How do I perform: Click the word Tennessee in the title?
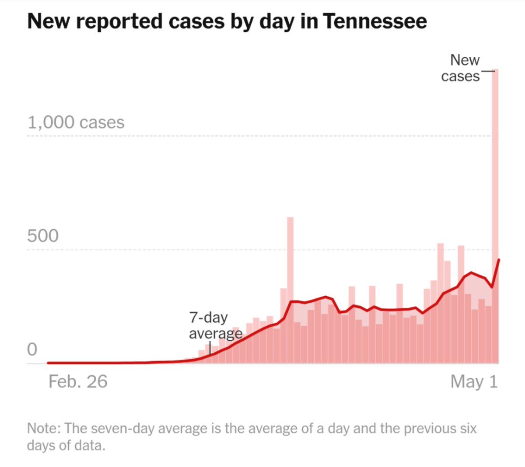coord(375,21)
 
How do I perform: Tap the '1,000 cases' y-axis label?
coord(76,122)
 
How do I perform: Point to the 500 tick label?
coord(42,236)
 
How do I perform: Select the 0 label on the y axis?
coord(32,349)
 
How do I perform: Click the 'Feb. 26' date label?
coord(78,382)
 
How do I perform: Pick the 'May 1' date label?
coord(474,382)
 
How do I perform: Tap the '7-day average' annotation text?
coord(214,325)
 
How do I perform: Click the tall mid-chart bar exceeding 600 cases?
coord(290,262)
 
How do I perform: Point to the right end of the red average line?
coord(499,260)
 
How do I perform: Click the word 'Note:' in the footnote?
coord(44,428)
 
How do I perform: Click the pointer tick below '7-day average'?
coord(210,348)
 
